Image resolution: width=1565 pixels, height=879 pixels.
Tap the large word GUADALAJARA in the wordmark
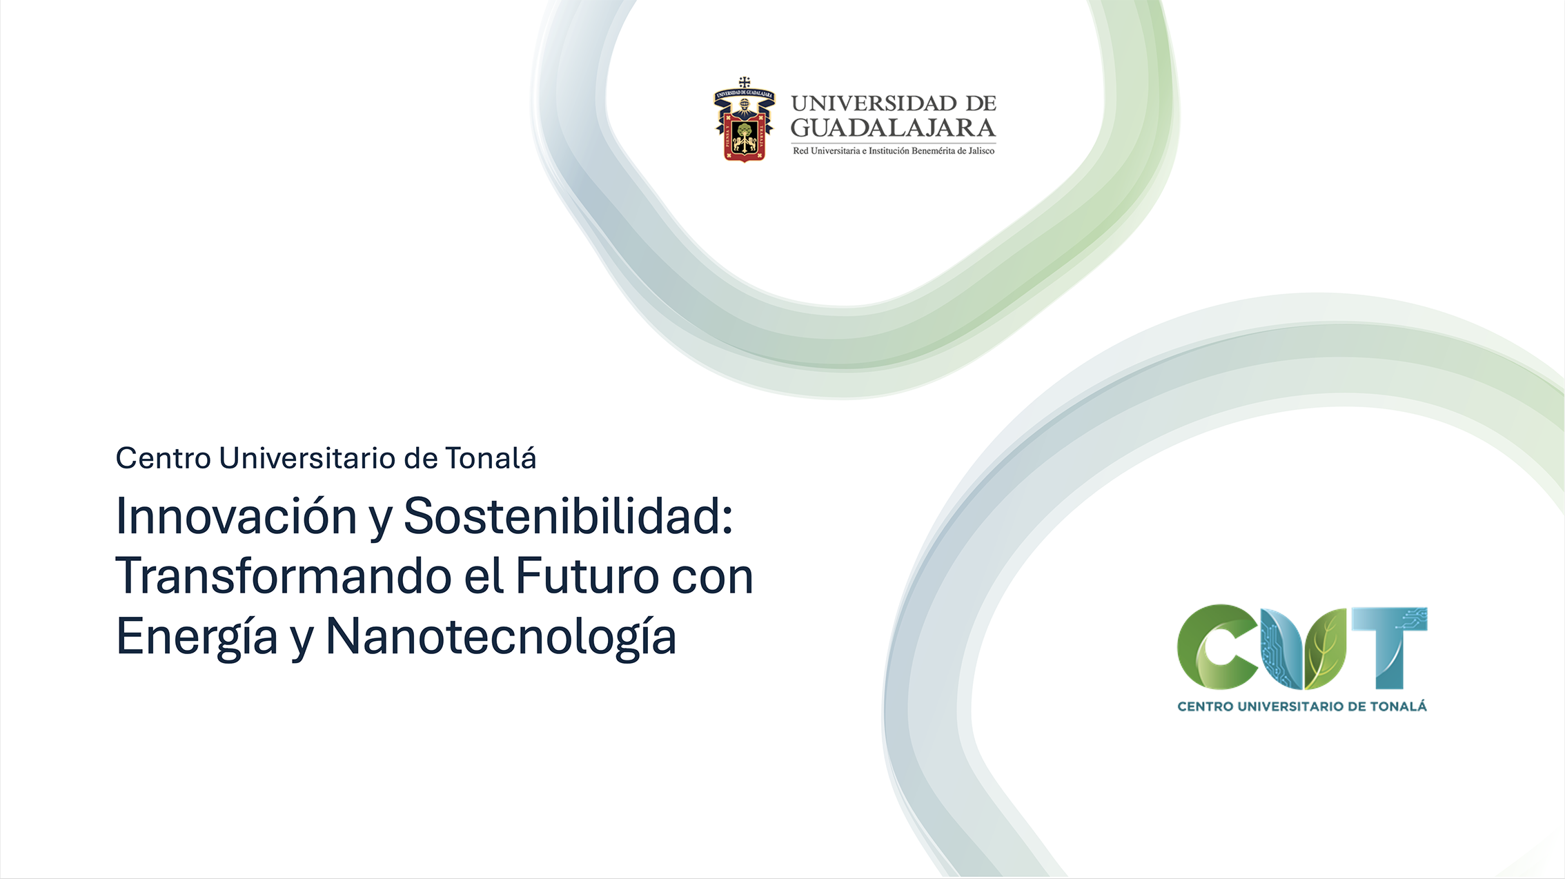[x=893, y=128]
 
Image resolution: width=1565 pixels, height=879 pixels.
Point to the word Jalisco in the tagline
[x=981, y=150]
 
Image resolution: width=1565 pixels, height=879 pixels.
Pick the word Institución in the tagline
[x=889, y=150]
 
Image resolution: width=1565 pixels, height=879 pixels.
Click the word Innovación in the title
[x=236, y=516]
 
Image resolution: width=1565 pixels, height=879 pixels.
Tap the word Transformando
[x=283, y=576]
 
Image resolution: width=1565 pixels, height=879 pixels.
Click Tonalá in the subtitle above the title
[x=491, y=458]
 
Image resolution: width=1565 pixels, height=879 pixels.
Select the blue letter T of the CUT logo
[x=1390, y=647]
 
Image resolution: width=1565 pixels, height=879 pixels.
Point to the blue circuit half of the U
[x=1281, y=649]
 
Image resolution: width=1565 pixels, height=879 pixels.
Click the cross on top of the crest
[x=745, y=82]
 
